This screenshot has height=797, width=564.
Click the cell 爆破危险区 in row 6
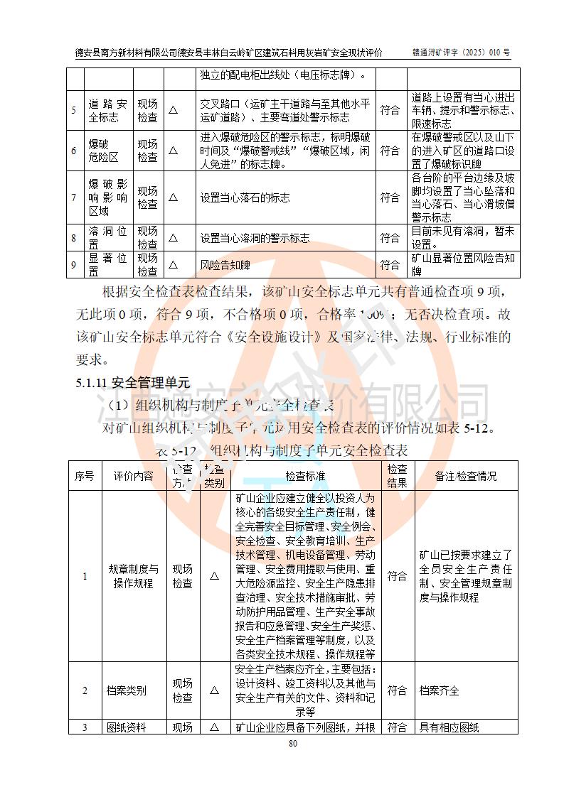(103, 151)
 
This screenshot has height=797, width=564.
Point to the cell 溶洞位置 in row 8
(107, 238)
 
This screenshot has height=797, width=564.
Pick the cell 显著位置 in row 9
(107, 264)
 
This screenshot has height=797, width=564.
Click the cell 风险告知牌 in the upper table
(225, 265)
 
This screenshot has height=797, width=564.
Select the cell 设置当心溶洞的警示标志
(255, 239)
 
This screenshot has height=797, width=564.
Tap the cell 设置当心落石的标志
(245, 198)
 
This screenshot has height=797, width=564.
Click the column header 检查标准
(306, 476)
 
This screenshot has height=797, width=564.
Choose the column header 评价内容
(134, 476)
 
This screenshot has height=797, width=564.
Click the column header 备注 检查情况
(466, 476)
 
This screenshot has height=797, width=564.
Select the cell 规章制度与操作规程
(134, 576)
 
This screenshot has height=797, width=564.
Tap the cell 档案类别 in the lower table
(127, 690)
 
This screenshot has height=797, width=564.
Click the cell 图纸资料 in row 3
(127, 727)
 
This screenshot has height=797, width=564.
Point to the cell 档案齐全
(439, 690)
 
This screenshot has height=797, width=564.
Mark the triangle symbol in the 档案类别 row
(214, 690)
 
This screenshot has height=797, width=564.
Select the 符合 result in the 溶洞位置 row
(390, 239)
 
